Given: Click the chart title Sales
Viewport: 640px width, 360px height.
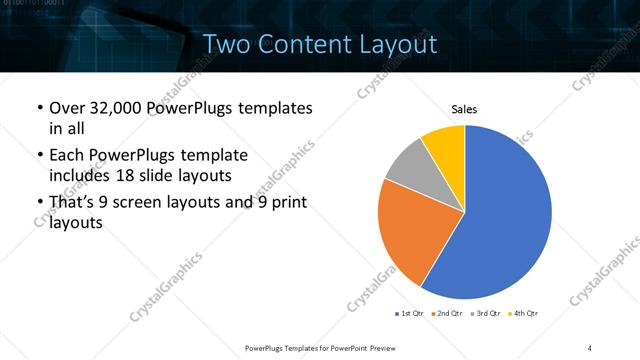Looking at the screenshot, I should click(x=464, y=109).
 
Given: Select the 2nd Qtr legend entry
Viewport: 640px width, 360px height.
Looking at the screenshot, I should click(x=448, y=314).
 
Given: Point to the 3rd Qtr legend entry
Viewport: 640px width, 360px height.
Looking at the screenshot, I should click(x=486, y=314).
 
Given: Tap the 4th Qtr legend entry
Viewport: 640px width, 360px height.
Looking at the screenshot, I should click(x=524, y=314).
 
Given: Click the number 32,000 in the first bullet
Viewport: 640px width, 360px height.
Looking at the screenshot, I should click(x=111, y=108).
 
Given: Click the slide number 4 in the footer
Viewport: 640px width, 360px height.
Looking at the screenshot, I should click(x=590, y=347).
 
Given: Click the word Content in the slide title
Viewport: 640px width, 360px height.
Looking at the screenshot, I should click(x=303, y=44).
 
